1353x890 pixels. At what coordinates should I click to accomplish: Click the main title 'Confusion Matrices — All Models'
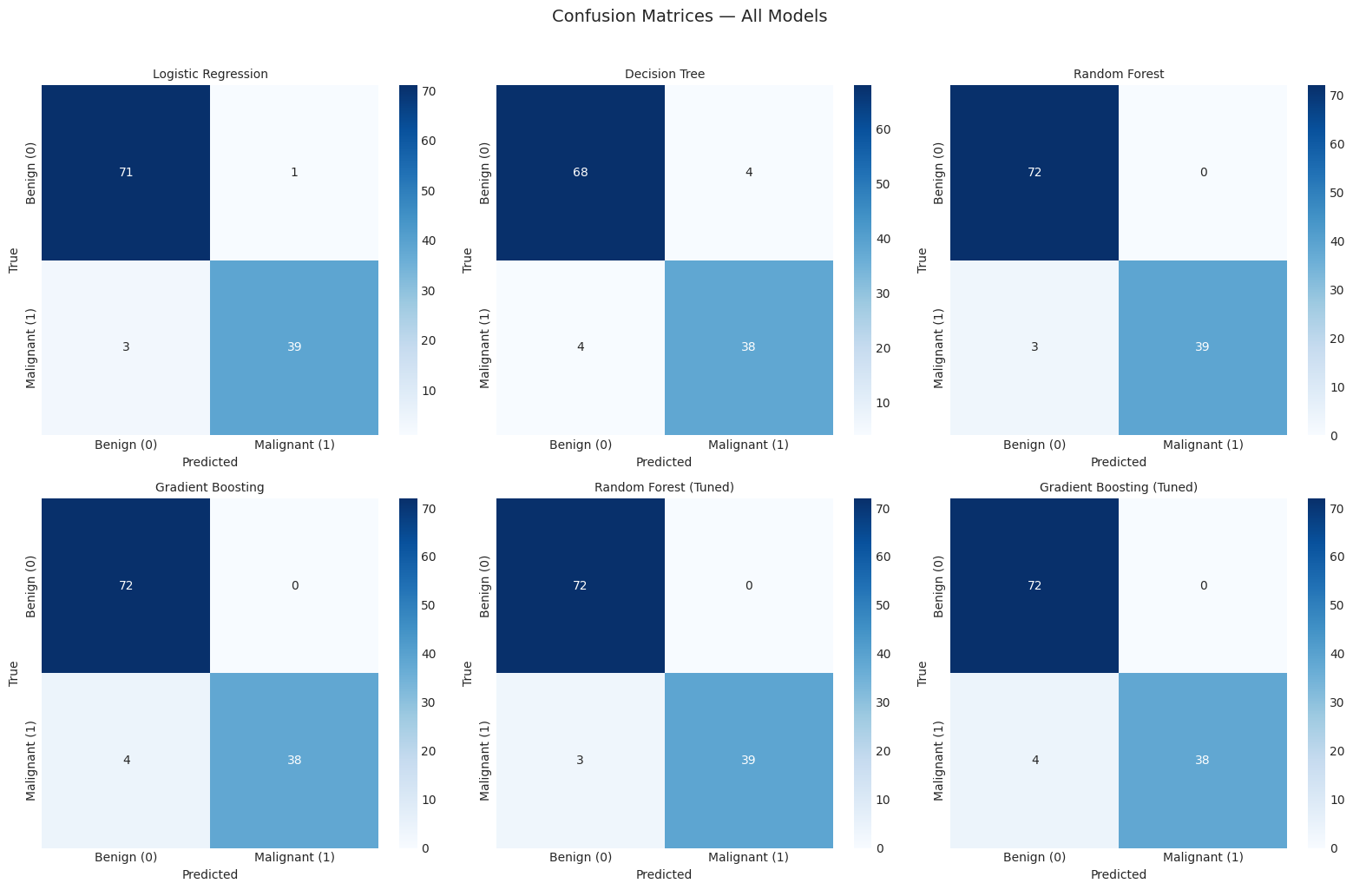click(x=689, y=16)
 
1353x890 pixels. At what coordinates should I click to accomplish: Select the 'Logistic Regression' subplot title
click(x=210, y=74)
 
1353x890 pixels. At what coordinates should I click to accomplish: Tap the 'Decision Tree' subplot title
click(x=665, y=74)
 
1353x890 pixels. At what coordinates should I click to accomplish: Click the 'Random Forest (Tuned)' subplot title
click(x=664, y=487)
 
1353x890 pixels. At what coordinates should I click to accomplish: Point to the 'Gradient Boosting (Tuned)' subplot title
click(x=1118, y=487)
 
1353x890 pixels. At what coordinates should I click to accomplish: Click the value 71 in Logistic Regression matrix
click(x=126, y=172)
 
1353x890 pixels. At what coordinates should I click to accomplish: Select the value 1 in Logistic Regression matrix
click(x=294, y=172)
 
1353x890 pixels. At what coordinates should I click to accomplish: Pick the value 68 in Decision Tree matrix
click(x=580, y=172)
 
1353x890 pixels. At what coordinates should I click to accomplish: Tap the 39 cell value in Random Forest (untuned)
click(x=1202, y=346)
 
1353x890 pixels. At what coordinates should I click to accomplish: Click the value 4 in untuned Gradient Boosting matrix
click(x=126, y=760)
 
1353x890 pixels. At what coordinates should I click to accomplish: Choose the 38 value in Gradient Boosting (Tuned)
click(x=1202, y=760)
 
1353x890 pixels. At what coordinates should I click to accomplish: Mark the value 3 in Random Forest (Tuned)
click(x=580, y=760)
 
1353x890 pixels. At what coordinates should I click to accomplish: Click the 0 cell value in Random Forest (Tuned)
click(x=749, y=585)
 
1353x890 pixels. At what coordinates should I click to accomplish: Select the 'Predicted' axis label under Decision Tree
click(x=664, y=462)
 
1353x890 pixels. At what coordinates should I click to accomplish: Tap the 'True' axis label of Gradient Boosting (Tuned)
click(x=922, y=674)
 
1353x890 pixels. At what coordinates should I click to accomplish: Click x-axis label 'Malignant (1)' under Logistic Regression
click(x=294, y=445)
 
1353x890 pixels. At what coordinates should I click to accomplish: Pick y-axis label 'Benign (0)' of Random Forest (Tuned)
click(x=484, y=587)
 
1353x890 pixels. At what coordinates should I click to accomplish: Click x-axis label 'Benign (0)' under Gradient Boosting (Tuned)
click(x=1034, y=857)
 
